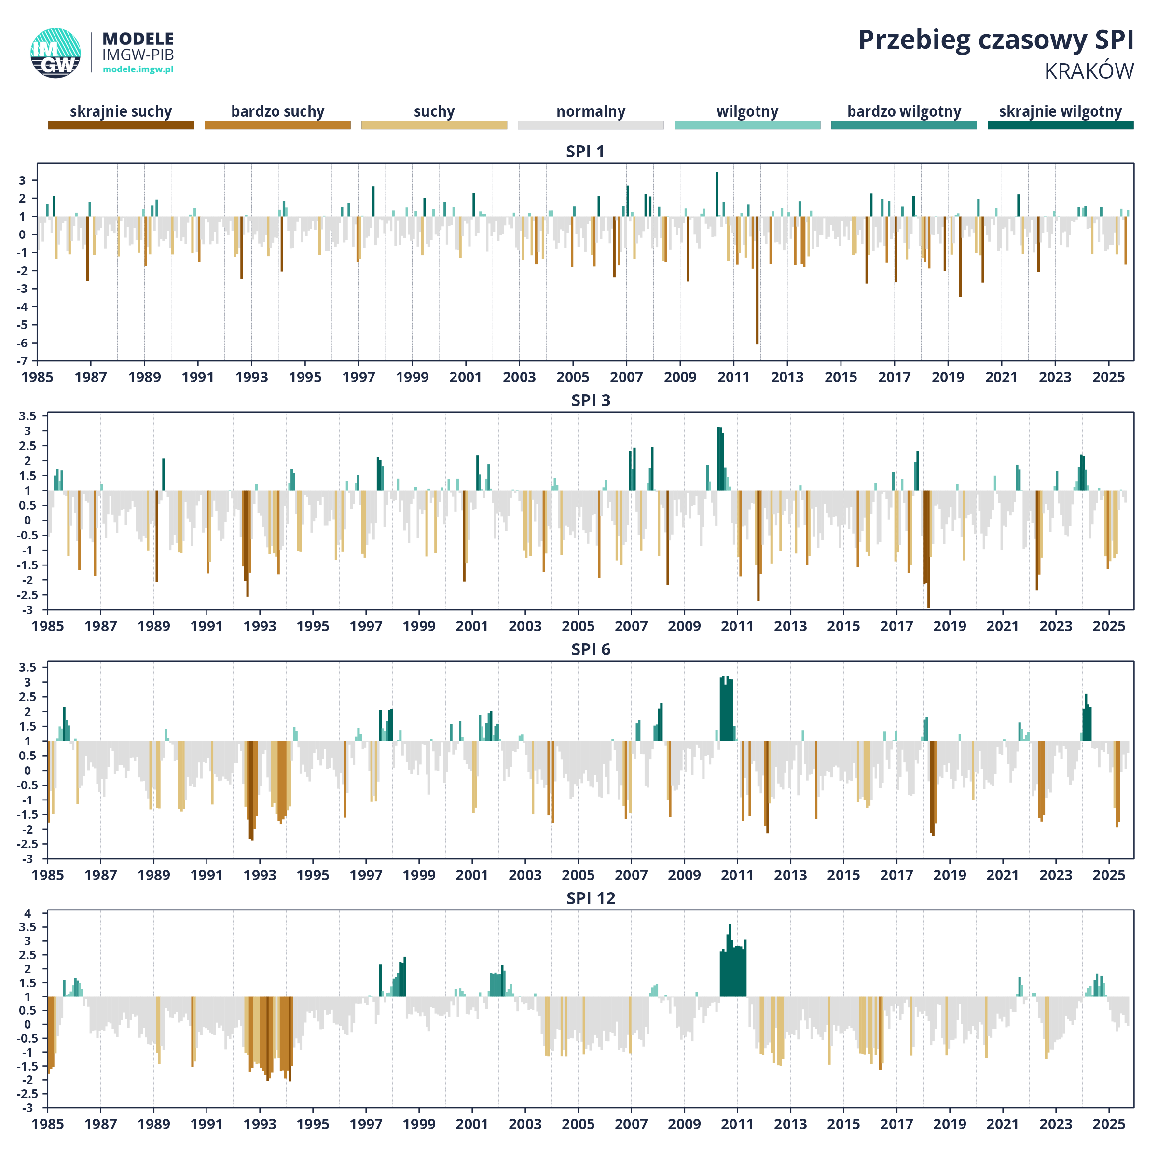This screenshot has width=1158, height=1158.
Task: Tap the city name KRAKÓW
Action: point(1089,71)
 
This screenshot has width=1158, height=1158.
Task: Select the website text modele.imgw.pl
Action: point(138,69)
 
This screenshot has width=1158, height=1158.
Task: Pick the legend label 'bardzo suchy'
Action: point(277,111)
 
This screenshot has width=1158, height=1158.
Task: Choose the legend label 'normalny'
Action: point(591,111)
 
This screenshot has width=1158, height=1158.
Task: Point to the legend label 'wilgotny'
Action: point(747,111)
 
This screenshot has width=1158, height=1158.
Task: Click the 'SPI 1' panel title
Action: point(585,152)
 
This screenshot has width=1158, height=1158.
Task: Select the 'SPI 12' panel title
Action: point(591,898)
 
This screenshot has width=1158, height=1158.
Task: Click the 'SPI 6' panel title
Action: point(591,650)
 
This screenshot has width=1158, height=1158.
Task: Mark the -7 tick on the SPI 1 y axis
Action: point(22,361)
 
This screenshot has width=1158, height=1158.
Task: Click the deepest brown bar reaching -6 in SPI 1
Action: point(757,282)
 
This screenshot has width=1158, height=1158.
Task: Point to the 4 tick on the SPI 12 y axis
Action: point(27,914)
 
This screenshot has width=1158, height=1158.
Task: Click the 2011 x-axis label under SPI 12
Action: point(737,1124)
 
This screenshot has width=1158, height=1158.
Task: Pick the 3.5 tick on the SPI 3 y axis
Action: point(27,416)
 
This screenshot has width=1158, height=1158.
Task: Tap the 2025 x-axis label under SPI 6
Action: point(1108,875)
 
